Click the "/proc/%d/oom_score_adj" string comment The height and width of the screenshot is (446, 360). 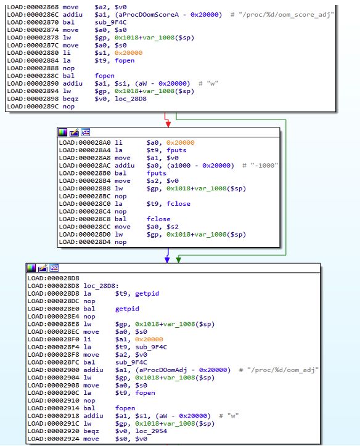(x=286, y=15)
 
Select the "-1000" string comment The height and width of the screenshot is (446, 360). (x=264, y=166)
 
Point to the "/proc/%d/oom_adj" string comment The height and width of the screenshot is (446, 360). (x=282, y=370)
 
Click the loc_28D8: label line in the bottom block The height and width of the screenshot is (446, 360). (x=73, y=286)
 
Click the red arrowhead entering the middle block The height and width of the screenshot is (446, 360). (x=168, y=124)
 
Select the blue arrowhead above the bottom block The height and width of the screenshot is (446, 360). (x=167, y=259)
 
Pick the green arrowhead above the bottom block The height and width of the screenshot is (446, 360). (x=178, y=259)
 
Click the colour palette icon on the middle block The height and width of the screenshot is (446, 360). (x=63, y=132)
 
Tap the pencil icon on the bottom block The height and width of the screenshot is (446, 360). (x=43, y=268)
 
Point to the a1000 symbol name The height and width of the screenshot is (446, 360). (x=181, y=166)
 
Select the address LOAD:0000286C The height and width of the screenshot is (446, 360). (x=33, y=15)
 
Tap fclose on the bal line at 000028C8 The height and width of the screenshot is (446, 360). (x=158, y=219)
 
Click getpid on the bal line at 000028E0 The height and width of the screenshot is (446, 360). (x=127, y=309)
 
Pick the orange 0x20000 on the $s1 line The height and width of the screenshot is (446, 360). (x=129, y=53)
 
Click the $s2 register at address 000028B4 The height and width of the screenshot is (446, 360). (x=152, y=181)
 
